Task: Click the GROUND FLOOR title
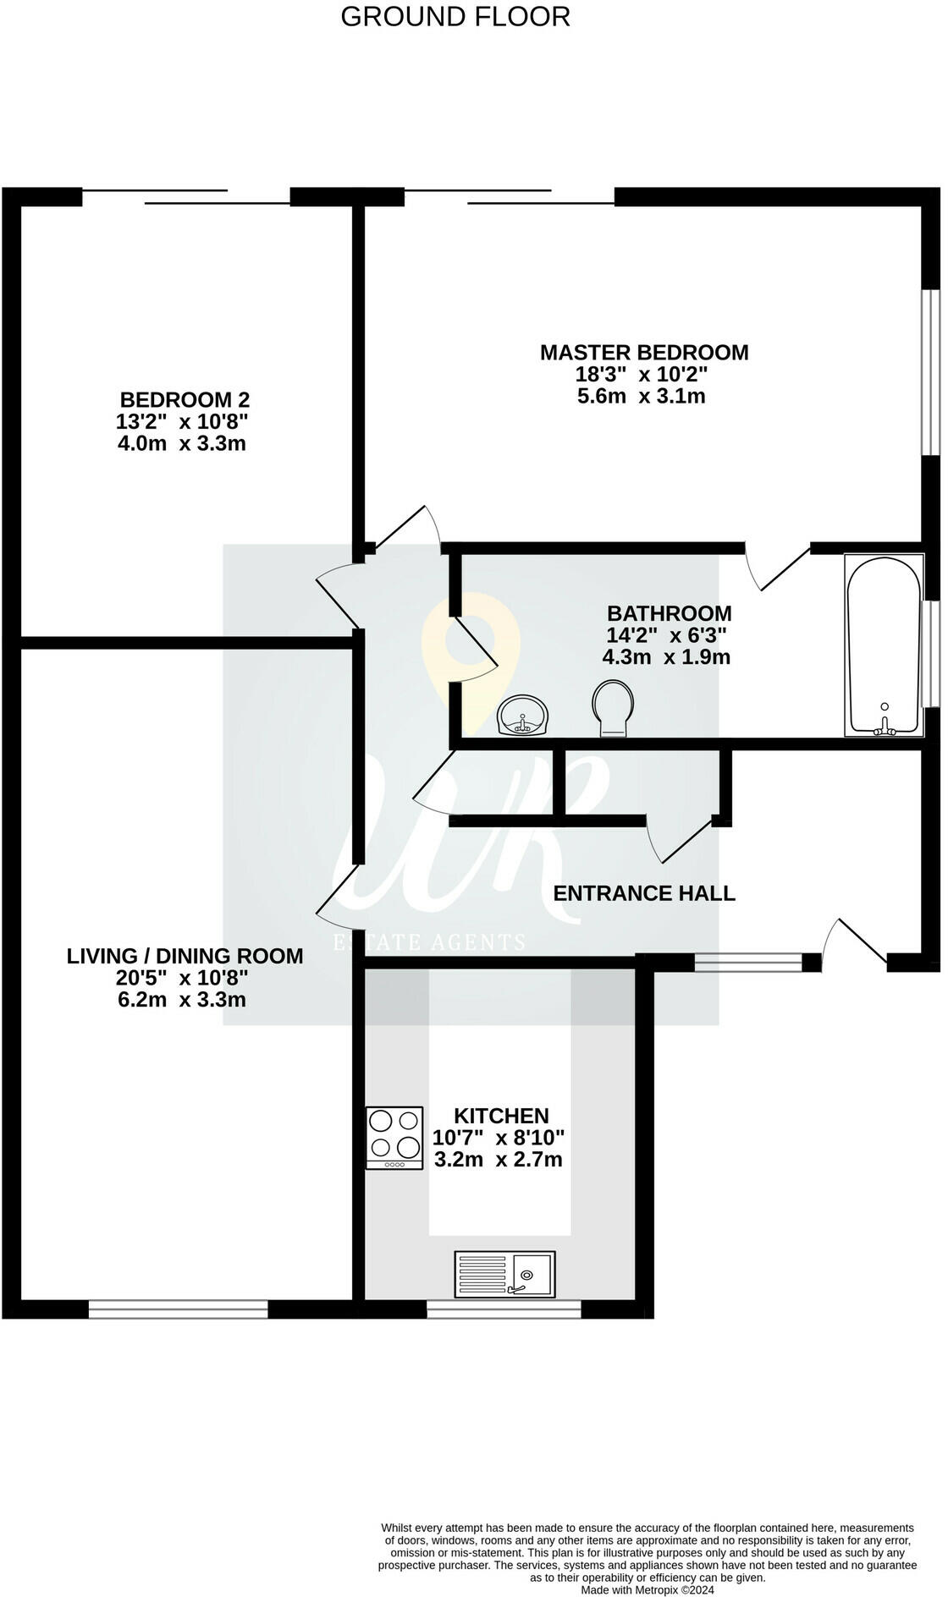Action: coord(455,16)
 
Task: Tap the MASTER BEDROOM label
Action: coord(644,352)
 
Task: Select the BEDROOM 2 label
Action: coord(185,399)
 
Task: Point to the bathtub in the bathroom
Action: coord(884,645)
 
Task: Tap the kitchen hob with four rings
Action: coord(395,1139)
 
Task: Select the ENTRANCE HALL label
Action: coord(644,893)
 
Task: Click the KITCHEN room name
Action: coord(501,1116)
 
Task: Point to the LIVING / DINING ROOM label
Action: coord(185,956)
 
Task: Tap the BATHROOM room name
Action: coord(669,613)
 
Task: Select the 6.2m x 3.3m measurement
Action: coord(182,1000)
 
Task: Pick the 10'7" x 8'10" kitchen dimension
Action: coord(498,1138)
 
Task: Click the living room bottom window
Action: coord(178,1309)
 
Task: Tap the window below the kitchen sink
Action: coord(504,1309)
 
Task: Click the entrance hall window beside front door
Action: coord(747,962)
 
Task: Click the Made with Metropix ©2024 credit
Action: coord(647,1590)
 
